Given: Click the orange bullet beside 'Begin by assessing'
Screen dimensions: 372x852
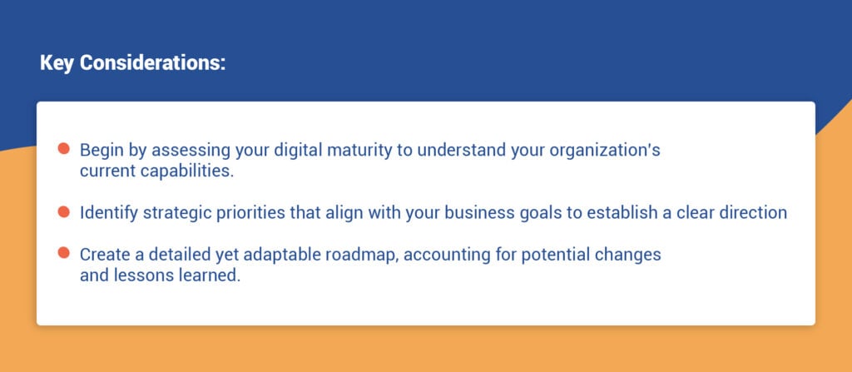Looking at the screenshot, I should [x=63, y=150].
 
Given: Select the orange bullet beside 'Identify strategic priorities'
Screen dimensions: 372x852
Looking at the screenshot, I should [x=63, y=212].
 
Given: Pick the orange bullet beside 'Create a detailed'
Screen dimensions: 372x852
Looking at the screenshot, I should [x=63, y=253].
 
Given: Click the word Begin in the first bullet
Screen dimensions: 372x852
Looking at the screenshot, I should [x=101, y=151].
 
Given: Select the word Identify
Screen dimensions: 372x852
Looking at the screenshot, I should [x=107, y=213].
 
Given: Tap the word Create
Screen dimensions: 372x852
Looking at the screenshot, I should [x=103, y=255].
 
